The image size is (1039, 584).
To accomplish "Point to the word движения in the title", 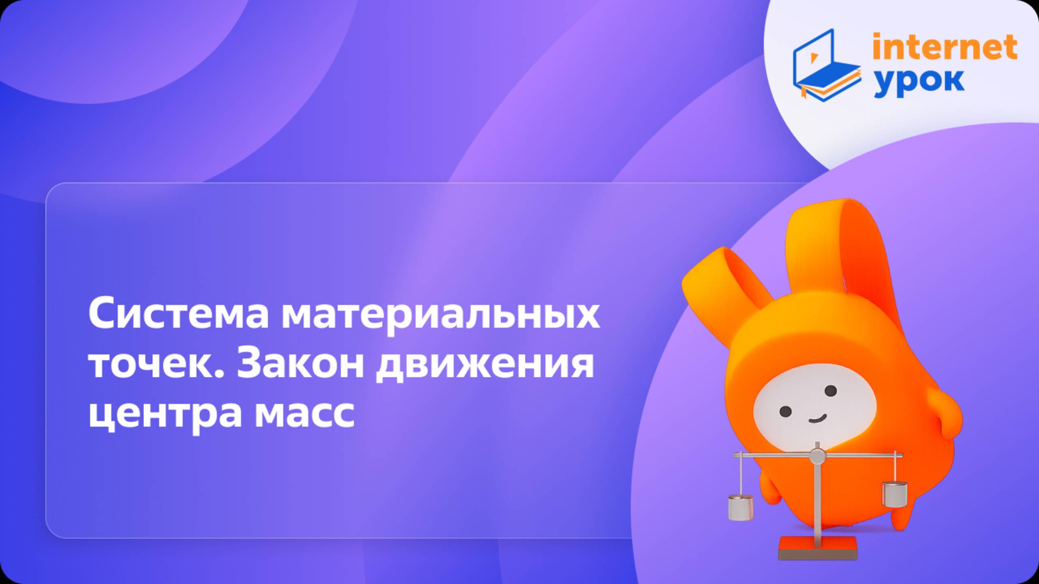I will click(x=485, y=365).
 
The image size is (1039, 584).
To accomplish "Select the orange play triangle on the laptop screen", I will click(x=813, y=58).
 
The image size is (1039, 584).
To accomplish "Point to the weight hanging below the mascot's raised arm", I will click(x=895, y=494).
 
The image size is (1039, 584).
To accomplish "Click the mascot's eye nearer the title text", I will click(x=786, y=411).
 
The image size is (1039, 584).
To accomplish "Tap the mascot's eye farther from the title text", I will click(x=831, y=391).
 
